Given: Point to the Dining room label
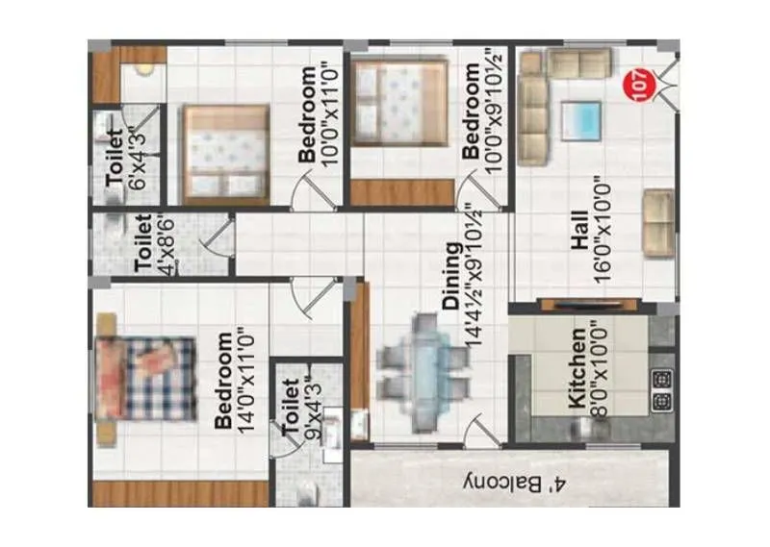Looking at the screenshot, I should coord(450,276).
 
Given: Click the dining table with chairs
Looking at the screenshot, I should coord(423,360).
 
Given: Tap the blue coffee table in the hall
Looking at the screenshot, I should coord(582,121).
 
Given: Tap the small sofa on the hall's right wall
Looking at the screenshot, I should coord(658,223).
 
